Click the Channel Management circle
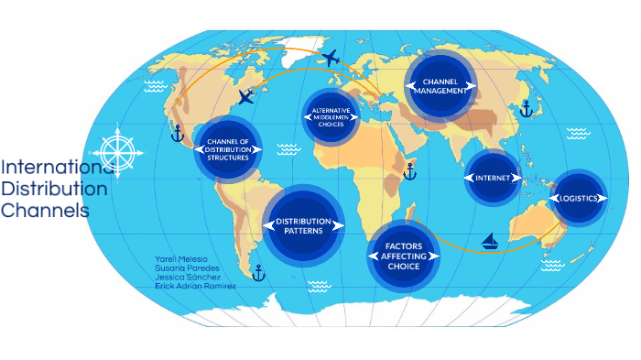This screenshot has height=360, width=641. (440, 86)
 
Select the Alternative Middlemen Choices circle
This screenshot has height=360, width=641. (331, 116)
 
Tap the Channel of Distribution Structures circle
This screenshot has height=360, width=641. (228, 149)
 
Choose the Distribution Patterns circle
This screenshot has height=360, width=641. (303, 224)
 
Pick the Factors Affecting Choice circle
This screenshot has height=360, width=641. (403, 256)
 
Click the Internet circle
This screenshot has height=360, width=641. (492, 177)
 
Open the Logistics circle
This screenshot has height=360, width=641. (579, 198)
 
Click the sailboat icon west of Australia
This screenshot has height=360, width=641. (490, 242)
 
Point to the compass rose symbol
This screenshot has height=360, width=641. (117, 149)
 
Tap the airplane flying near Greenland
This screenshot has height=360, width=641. (331, 59)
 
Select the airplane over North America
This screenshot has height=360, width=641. (246, 96)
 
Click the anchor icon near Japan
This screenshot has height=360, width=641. (526, 110)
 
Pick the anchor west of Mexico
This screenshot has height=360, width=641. (178, 134)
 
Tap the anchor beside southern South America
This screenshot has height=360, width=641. (258, 272)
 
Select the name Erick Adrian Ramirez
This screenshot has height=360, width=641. (195, 286)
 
